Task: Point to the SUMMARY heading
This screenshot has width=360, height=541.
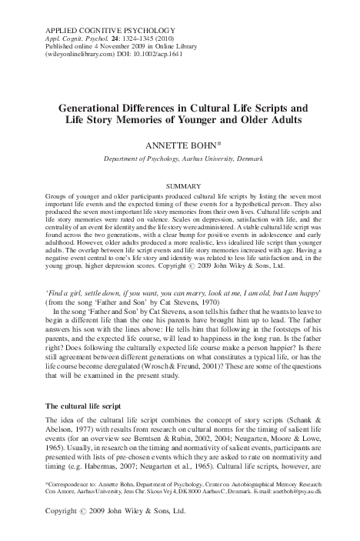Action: coord(179,187)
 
